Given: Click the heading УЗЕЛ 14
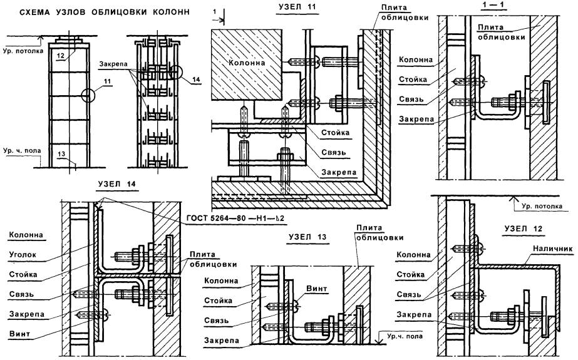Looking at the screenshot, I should click(119, 183).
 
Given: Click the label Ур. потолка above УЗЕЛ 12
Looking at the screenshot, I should click(538, 205).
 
